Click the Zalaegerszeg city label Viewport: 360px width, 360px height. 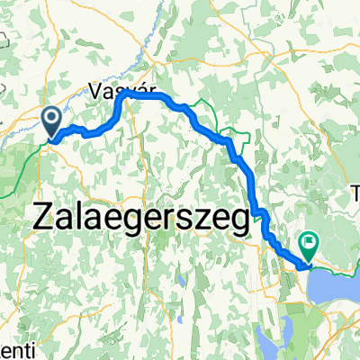point(141,220)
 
